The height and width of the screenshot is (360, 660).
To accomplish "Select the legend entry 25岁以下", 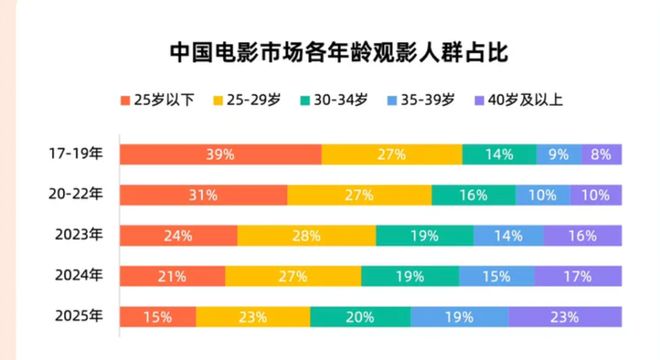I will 159,101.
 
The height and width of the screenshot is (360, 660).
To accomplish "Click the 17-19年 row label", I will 77,154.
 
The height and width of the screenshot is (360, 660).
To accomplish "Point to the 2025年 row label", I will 77,317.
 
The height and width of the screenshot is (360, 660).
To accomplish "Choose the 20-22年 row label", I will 77,195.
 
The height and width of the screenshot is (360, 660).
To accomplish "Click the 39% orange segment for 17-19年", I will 220,154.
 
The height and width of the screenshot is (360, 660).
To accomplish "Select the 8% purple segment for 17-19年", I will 601,154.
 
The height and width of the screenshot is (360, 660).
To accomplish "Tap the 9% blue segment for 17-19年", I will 558,154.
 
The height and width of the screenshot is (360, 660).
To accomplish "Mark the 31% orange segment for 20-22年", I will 203,195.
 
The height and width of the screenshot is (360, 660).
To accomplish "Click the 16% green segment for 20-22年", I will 473,195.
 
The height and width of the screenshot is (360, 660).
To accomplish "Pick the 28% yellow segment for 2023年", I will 306,236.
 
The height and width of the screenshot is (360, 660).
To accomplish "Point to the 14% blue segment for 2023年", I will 508,236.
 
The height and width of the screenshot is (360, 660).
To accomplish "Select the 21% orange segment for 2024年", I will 172,276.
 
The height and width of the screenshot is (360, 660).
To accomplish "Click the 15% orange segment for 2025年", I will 157,317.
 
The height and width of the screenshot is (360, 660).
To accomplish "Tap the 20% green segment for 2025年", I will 360,317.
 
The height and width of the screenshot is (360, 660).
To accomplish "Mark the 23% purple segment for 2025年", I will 565,317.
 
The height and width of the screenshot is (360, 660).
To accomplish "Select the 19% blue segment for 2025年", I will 459,317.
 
